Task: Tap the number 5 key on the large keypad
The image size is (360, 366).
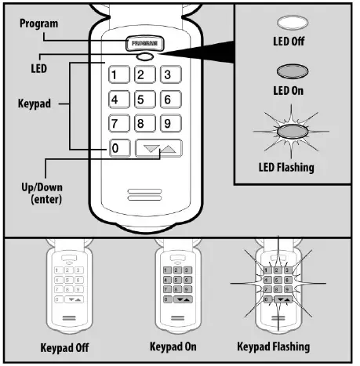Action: (x=143, y=100)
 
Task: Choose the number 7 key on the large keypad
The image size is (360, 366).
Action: (x=117, y=124)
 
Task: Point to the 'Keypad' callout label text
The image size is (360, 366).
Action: (x=33, y=102)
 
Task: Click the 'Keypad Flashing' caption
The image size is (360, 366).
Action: (x=273, y=346)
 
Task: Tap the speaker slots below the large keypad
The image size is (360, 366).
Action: (x=144, y=194)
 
